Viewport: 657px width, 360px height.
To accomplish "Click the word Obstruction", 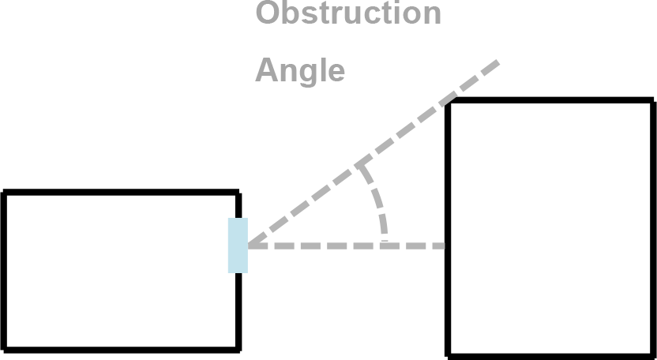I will [x=347, y=13].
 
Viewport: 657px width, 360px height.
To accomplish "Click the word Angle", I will [x=300, y=71].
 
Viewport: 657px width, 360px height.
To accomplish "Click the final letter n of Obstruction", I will [x=432, y=15].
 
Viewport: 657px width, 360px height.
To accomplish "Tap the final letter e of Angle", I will [x=336, y=72].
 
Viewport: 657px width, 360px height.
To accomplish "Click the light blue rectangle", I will [x=237, y=245].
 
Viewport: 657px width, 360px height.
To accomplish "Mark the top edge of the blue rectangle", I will [x=237, y=218].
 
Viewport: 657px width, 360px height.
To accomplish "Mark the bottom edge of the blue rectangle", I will [x=237, y=272].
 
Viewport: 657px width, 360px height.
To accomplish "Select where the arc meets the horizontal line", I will [x=385, y=246].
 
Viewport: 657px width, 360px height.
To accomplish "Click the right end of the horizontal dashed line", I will [x=444, y=246].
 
